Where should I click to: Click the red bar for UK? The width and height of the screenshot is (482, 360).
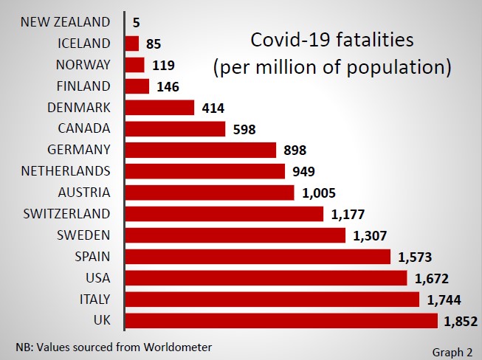[281, 321]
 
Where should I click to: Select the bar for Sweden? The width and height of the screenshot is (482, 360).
[235, 235]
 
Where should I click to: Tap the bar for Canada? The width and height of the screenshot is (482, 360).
[176, 129]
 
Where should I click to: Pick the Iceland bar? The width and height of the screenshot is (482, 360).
[132, 44]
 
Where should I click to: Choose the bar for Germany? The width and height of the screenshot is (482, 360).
[201, 150]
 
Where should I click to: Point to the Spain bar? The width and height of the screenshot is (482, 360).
[258, 257]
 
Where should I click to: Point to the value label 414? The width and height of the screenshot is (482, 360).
[213, 108]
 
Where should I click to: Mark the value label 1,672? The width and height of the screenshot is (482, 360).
[433, 278]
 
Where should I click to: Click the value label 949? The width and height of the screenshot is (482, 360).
[303, 172]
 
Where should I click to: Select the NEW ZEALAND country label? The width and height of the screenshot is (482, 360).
[66, 22]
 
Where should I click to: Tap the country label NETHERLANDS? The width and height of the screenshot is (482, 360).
[66, 171]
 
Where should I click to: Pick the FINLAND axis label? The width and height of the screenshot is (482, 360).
[83, 86]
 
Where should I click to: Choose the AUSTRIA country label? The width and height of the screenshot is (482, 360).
[84, 193]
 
